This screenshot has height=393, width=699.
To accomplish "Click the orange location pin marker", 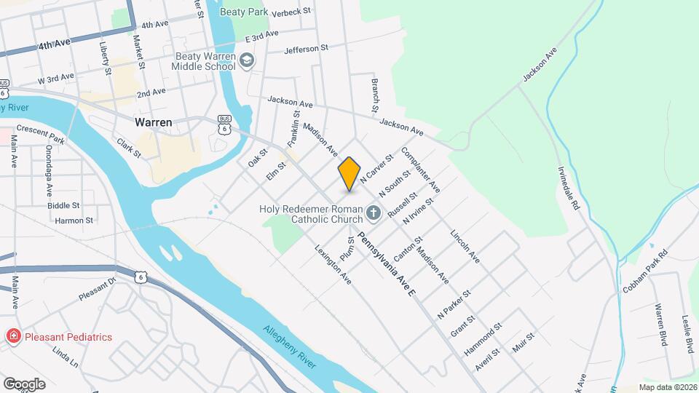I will (x=349, y=173).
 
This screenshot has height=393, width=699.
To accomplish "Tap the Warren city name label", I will (x=153, y=122).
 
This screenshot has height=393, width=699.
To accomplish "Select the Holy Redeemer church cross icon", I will (x=374, y=213).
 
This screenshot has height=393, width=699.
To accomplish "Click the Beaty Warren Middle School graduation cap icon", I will (x=247, y=60).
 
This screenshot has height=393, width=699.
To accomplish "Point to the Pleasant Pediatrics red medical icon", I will (x=12, y=336).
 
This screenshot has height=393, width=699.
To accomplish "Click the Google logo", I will (x=23, y=384).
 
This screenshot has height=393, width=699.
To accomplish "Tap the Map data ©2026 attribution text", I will (x=666, y=387).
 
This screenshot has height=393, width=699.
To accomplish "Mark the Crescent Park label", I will (x=40, y=133).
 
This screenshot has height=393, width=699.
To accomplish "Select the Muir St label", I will (x=524, y=342).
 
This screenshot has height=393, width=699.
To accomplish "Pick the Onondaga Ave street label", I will (x=50, y=170).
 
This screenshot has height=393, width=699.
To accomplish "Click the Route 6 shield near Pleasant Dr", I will (x=140, y=277).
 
